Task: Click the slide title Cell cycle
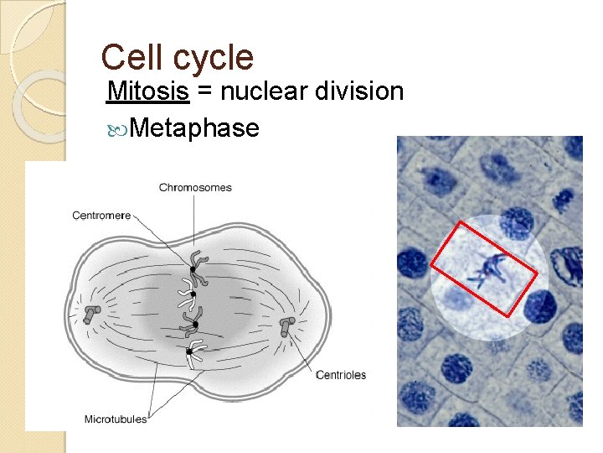pyautogui.click(x=177, y=58)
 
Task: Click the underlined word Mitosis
pyautogui.click(x=148, y=91)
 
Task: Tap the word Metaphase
pyautogui.click(x=194, y=128)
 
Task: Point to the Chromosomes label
pyautogui.click(x=195, y=187)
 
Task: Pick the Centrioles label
pyautogui.click(x=340, y=375)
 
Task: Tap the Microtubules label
pyautogui.click(x=116, y=419)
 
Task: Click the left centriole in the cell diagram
pyautogui.click(x=91, y=314)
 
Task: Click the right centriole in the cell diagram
pyautogui.click(x=286, y=326)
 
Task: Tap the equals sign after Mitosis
pyautogui.click(x=204, y=91)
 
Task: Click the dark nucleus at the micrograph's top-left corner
pyautogui.click(x=437, y=178)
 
